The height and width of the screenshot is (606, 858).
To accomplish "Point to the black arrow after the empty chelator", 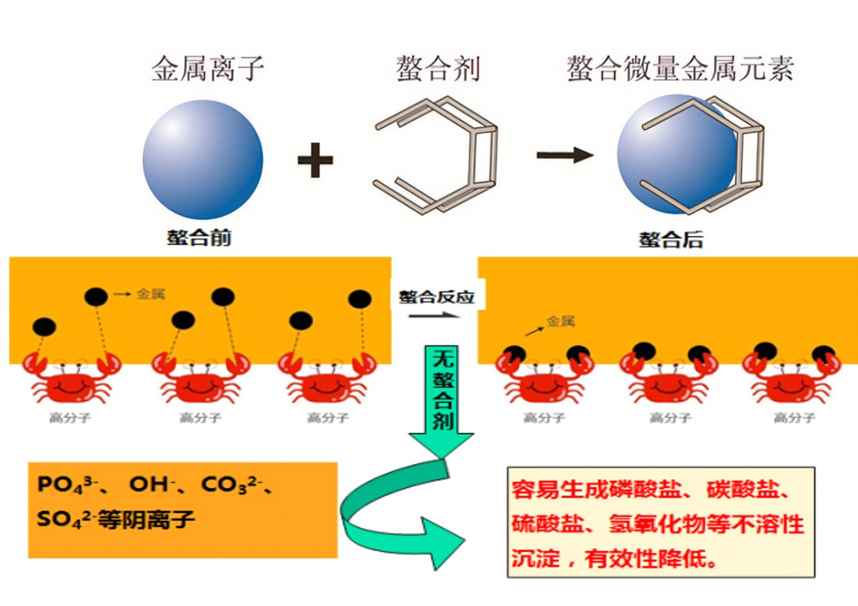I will point(565,154).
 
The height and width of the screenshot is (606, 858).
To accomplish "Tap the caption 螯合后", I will point(671,239).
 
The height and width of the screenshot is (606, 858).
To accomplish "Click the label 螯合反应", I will point(436,297).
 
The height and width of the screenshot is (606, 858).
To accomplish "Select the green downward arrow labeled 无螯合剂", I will point(442,397).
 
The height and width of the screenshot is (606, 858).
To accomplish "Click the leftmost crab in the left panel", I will point(68,380).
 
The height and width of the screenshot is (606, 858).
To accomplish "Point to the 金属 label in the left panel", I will point(151,294).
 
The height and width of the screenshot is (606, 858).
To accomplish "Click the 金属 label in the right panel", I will point(561,322).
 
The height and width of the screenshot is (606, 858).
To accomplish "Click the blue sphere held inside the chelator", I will point(675,155).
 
